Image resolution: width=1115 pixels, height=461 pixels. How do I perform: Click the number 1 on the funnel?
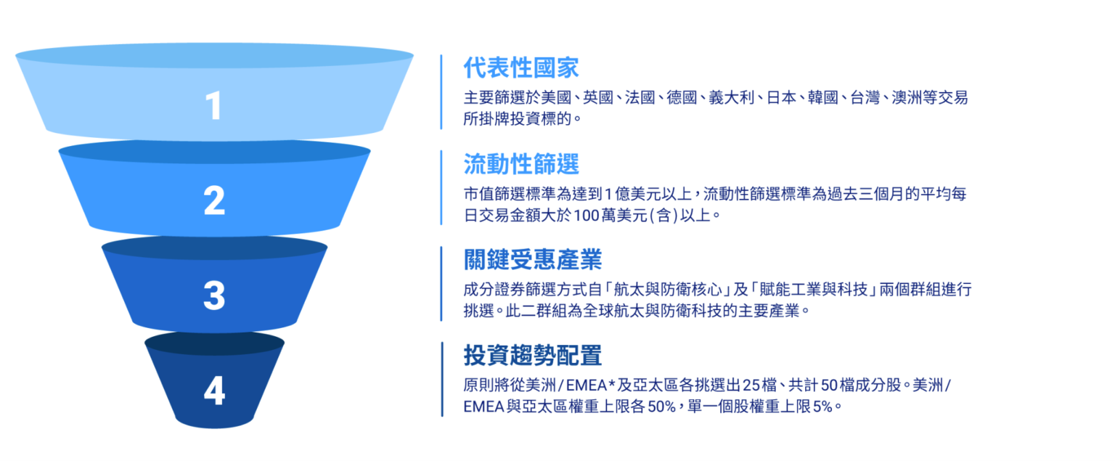(213, 106)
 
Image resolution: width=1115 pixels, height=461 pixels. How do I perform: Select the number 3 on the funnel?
(214, 295)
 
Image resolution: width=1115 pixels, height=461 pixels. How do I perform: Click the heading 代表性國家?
(521, 68)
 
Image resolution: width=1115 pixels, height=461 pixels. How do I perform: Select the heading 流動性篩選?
(521, 164)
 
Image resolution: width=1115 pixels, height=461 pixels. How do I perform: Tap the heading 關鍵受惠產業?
(532, 259)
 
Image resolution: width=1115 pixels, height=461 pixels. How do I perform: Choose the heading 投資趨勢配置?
(532, 356)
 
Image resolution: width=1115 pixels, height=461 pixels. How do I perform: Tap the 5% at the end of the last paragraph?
(822, 407)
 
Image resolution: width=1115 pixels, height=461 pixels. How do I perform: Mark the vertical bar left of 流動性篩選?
(441, 187)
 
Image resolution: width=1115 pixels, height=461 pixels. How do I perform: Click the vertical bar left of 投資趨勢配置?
(441, 379)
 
